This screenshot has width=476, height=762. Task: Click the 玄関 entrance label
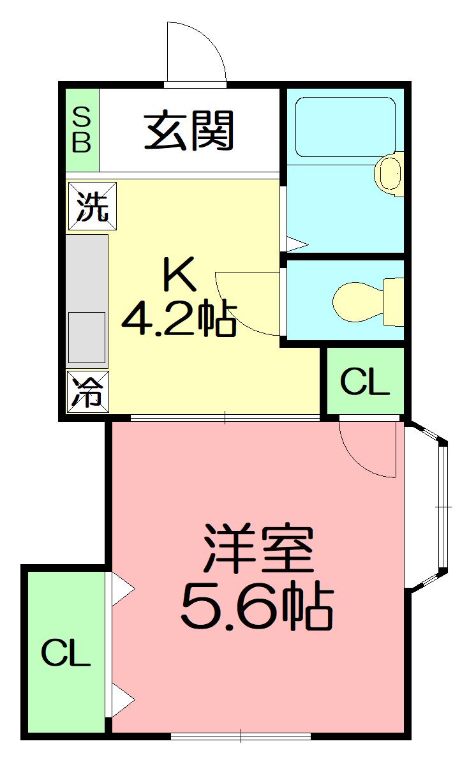189,130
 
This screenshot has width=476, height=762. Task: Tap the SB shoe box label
81,130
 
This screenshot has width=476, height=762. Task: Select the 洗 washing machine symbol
92,206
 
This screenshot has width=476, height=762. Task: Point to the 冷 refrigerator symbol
87,392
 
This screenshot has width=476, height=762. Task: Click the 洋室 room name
258,548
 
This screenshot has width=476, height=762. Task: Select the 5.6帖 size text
257,606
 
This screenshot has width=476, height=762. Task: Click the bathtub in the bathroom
345,126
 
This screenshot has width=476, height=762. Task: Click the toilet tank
394,302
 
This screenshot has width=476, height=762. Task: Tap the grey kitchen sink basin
86,338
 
